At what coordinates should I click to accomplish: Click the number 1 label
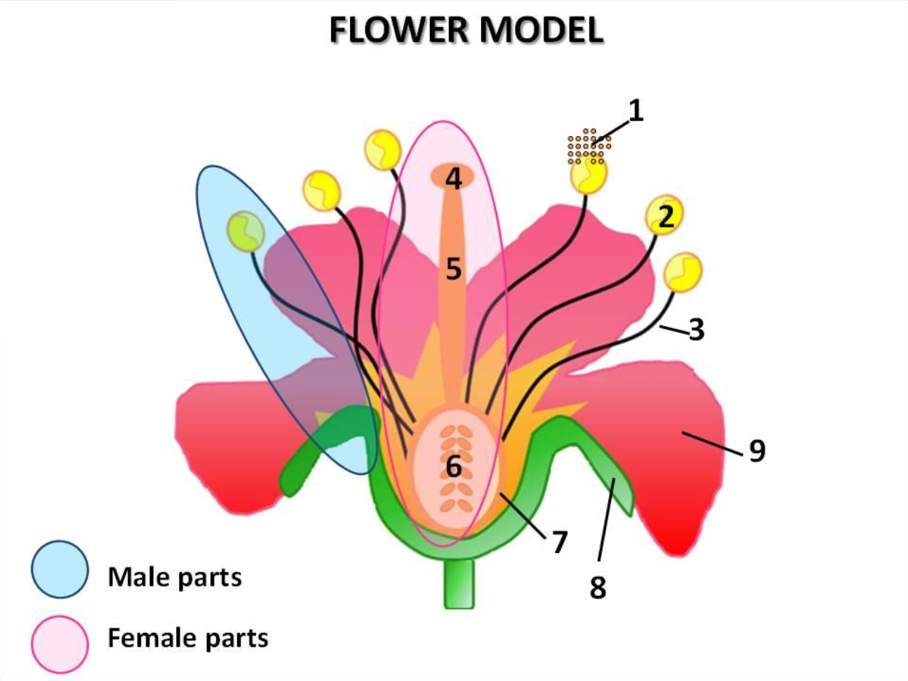click(x=636, y=112)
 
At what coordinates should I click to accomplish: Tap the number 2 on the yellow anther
click(x=664, y=215)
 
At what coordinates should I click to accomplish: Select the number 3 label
click(x=696, y=330)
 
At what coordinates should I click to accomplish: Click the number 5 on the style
click(x=454, y=270)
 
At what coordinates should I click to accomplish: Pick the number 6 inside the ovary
click(x=453, y=466)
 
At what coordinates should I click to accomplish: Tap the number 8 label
click(x=597, y=588)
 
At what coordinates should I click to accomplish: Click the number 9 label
click(x=757, y=452)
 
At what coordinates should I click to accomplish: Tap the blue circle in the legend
click(x=60, y=570)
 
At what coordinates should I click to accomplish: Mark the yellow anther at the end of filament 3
click(x=685, y=272)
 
